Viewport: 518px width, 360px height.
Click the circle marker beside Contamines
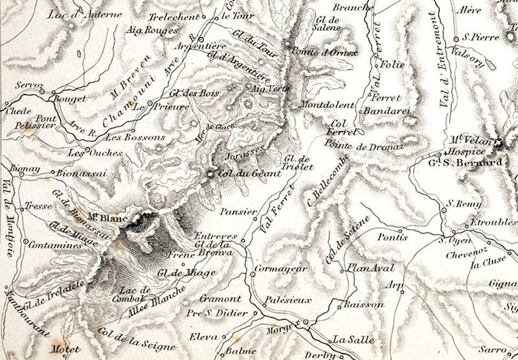pos(25,242)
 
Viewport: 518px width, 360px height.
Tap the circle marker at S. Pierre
pos(456,38)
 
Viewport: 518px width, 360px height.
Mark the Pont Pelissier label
pos(37,121)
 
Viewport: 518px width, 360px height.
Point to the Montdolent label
pos(328,105)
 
